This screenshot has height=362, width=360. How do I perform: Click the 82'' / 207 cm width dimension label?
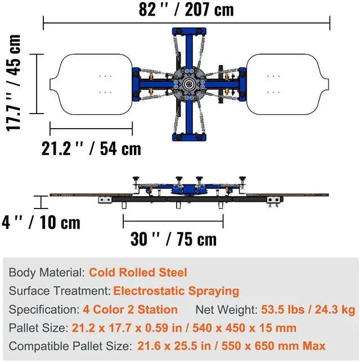pos(186,10)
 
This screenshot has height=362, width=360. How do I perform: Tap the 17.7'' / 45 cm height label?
pos(13,83)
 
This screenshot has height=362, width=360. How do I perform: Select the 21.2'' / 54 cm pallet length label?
pos(91,148)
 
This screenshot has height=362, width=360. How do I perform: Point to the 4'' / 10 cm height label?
pos(41,223)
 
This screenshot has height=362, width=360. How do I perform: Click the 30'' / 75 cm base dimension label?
pos(173,239)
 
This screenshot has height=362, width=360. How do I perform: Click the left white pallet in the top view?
pos(91,84)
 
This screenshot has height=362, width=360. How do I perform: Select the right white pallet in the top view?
pos(287,84)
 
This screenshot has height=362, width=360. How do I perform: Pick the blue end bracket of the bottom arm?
pos(189,137)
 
